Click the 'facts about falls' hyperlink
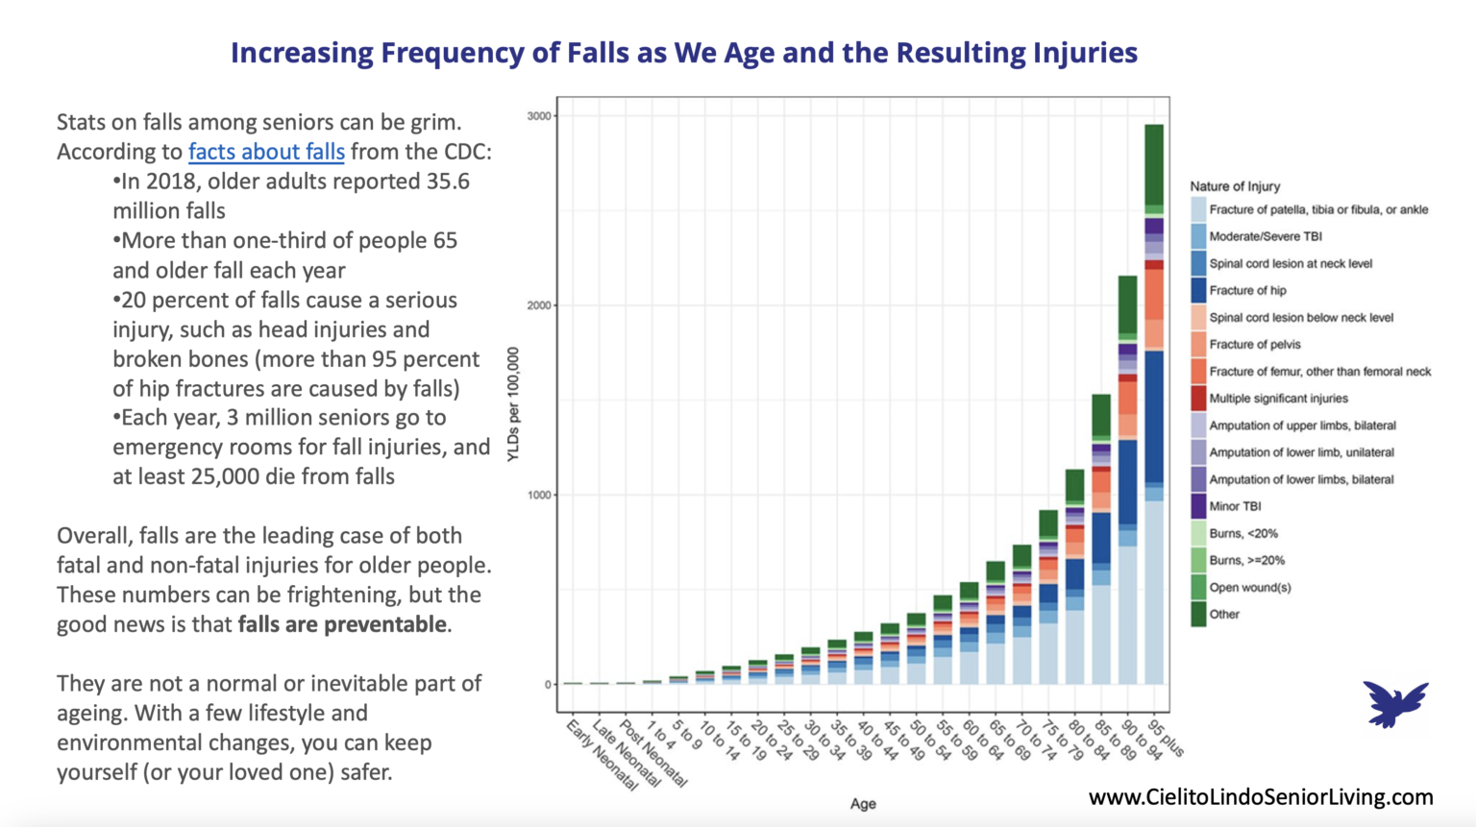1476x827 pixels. [266, 152]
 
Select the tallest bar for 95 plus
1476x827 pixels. [1154, 403]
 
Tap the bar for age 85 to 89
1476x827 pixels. [1101, 538]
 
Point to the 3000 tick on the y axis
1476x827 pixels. [540, 116]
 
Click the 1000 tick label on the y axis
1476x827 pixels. [540, 496]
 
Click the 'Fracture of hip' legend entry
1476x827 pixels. [1247, 290]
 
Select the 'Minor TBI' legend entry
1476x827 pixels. [1235, 506]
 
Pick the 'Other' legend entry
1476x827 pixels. [1223, 615]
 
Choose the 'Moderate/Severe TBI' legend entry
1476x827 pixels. [1265, 236]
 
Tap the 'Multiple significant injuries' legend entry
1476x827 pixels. [1278, 399]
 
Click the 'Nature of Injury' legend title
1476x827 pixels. [1235, 186]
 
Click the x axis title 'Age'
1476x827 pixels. [862, 804]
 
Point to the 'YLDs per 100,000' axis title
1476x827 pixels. [513, 403]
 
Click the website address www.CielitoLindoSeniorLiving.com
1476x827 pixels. [1261, 797]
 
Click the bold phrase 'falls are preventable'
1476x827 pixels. [343, 624]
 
